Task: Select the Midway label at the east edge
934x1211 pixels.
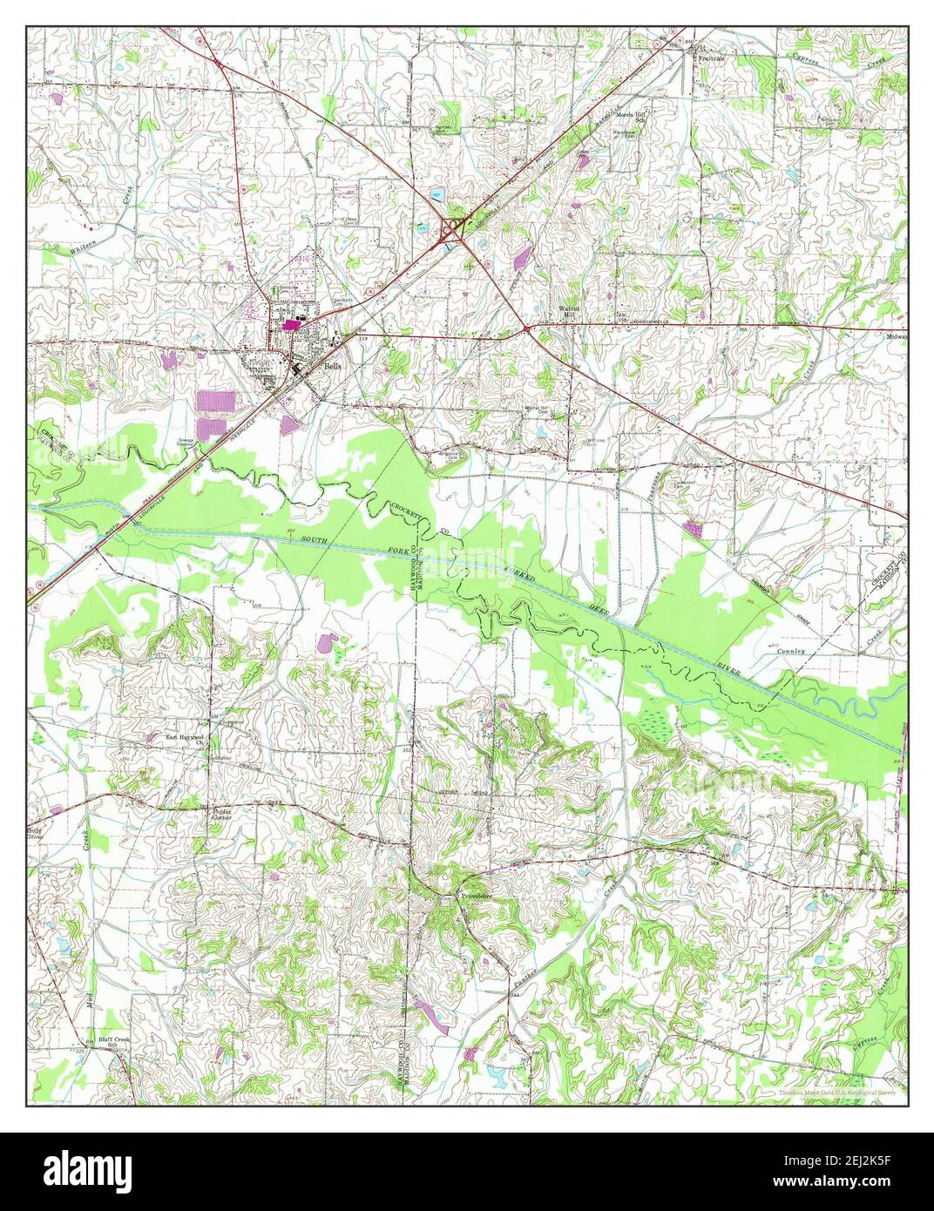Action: click(x=897, y=336)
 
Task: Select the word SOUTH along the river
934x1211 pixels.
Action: click(x=319, y=543)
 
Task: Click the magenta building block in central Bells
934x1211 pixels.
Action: click(x=288, y=325)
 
